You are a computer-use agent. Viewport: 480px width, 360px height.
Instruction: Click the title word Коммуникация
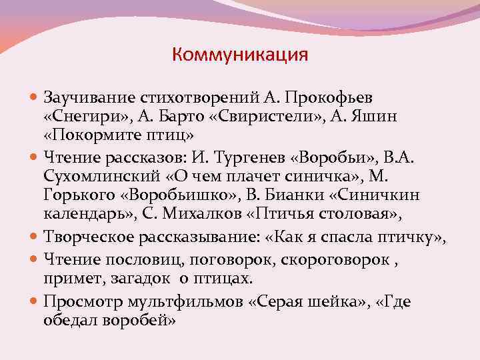tap(240, 54)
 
